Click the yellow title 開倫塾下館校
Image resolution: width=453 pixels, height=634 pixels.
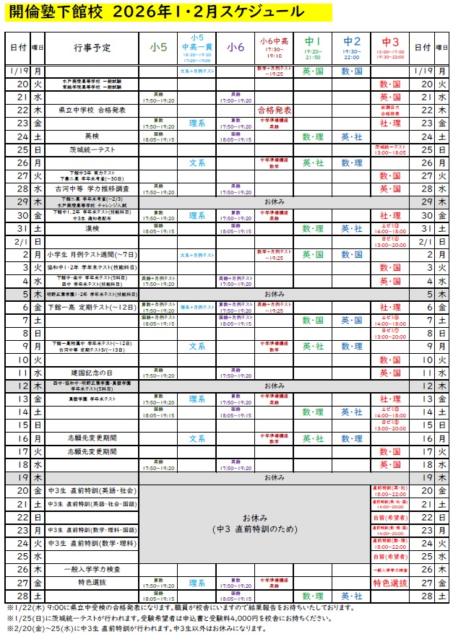[54, 12]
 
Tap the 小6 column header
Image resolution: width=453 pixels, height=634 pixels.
[236, 48]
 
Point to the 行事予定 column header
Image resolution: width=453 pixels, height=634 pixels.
[92, 48]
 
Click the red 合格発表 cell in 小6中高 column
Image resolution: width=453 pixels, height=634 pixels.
[275, 110]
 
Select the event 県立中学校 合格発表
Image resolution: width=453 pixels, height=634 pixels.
[92, 110]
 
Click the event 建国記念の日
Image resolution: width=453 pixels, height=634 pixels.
[92, 373]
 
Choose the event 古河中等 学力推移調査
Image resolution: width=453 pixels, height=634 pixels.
[92, 188]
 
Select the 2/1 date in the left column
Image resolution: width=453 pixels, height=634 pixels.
[19, 241]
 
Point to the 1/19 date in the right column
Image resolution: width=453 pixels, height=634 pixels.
[423, 71]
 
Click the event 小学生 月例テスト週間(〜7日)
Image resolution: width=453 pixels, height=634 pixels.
[92, 254]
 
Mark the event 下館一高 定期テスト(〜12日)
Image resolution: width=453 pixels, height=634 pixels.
[92, 307]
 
